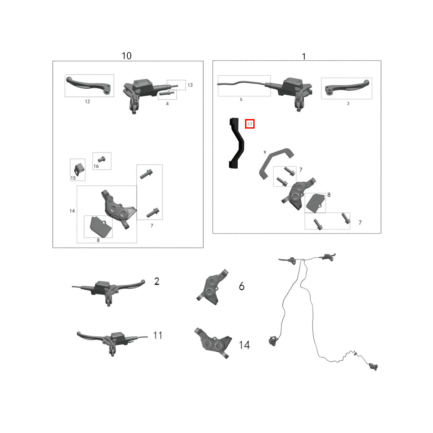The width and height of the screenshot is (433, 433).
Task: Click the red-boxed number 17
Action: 250,124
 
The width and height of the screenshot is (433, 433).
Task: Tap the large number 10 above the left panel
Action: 126,56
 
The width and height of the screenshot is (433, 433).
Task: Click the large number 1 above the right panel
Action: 304,57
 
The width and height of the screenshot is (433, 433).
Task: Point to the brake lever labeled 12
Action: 88,84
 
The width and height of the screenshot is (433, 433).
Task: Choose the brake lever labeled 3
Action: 346,87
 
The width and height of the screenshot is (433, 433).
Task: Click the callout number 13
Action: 190,85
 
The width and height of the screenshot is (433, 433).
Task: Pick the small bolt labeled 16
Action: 102,159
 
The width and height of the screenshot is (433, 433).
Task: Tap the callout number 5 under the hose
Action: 241,100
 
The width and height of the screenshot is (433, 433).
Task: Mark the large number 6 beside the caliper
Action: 242,286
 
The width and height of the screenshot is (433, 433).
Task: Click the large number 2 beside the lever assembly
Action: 157,281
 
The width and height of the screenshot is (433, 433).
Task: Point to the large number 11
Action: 158,335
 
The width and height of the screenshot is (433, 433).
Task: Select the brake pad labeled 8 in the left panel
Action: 100,227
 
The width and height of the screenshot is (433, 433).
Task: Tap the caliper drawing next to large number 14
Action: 213,343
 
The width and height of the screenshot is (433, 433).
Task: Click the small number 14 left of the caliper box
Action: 72,211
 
